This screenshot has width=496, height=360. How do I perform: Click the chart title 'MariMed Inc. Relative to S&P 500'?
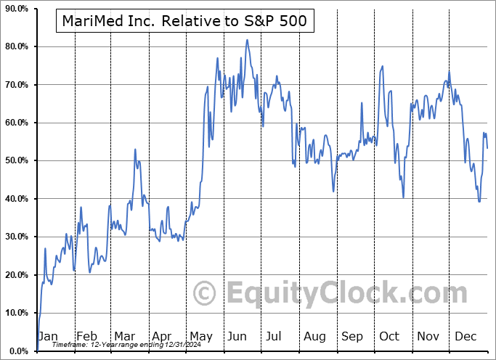click(x=185, y=22)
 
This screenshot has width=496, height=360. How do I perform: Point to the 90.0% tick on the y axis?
click(x=15, y=9)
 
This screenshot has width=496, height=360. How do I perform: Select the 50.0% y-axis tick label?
click(x=15, y=160)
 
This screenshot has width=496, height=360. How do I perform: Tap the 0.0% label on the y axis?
click(x=17, y=351)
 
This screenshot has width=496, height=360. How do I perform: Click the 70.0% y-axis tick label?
click(x=15, y=85)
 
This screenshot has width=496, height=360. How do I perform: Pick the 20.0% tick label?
click(x=15, y=274)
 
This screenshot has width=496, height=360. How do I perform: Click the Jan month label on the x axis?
click(x=48, y=336)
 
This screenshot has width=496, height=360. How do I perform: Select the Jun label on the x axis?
click(x=237, y=336)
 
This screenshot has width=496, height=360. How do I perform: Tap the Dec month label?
click(x=465, y=336)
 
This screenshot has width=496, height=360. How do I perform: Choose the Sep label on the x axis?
click(x=351, y=336)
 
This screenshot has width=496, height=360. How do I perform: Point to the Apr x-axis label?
click(x=163, y=336)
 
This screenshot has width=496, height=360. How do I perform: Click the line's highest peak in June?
click(x=247, y=40)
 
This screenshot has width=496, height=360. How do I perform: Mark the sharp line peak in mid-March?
click(x=135, y=150)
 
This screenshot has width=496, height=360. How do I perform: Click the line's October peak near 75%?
click(x=382, y=66)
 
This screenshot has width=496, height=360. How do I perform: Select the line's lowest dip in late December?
click(x=479, y=201)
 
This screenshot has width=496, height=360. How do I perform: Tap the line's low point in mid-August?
click(x=333, y=192)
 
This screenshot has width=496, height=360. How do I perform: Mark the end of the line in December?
click(x=487, y=148)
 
